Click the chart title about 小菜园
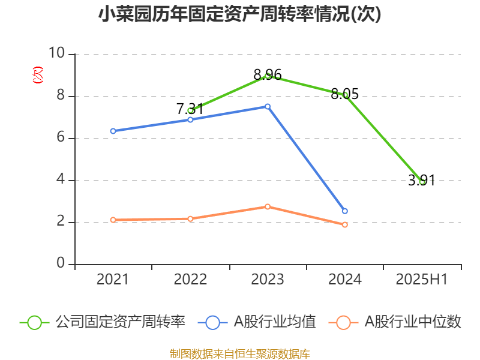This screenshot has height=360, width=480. click(240, 14)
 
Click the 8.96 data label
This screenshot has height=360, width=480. click(268, 75)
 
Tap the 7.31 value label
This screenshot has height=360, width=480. click(190, 109)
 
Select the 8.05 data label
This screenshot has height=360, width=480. click(345, 94)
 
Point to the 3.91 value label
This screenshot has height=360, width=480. click(422, 180)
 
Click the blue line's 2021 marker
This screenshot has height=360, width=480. click(113, 131)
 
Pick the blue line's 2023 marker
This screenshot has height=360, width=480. click(268, 106)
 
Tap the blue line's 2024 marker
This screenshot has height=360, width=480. click(345, 211)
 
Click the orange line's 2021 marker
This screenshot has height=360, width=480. click(113, 220)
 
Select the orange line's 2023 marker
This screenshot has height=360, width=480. click(268, 206)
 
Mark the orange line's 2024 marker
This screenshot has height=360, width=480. click(345, 225)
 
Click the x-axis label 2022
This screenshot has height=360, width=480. click(190, 279)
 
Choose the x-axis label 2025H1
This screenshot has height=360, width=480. click(422, 279)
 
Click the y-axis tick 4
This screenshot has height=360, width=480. click(61, 180)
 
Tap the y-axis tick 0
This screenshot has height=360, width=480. click(61, 264)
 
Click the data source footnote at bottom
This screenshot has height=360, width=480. click(240, 353)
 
